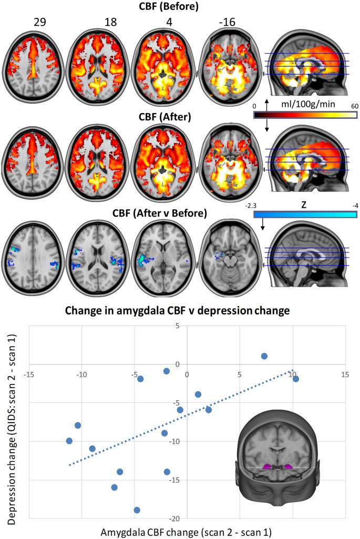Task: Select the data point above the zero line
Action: pos(264,356)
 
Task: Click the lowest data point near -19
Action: pos(137,510)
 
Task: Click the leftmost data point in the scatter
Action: pos(69,441)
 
